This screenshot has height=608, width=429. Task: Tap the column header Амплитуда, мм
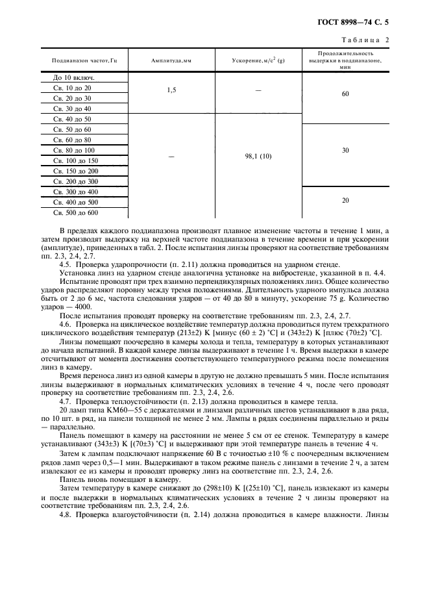(171, 60)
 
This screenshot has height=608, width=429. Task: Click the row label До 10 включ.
(72, 77)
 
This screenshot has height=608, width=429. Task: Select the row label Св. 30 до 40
(72, 108)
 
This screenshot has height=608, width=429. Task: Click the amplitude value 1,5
(171, 90)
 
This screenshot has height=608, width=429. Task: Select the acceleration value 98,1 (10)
(258, 156)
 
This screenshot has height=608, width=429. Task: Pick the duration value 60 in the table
(345, 94)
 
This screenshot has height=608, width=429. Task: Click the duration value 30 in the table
(345, 150)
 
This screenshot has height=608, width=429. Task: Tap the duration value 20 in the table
(345, 201)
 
